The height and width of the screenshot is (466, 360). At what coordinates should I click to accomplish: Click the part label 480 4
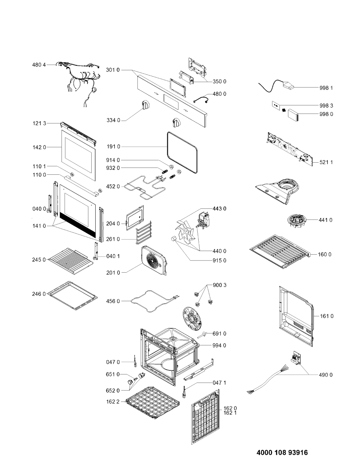pyautogui.click(x=39, y=65)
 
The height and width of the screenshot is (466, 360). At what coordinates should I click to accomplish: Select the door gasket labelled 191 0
pyautogui.click(x=168, y=150)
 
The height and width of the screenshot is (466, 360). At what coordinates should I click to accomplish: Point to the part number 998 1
pyautogui.click(x=326, y=88)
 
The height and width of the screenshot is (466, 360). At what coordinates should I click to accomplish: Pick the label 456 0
pyautogui.click(x=113, y=301)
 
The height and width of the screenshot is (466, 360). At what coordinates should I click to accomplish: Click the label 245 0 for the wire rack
pyautogui.click(x=39, y=260)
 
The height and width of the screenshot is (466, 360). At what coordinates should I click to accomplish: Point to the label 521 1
pyautogui.click(x=326, y=162)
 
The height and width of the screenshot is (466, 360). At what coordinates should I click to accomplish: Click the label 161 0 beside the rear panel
pyautogui.click(x=327, y=316)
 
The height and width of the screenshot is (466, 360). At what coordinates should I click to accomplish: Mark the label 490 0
pyautogui.click(x=326, y=375)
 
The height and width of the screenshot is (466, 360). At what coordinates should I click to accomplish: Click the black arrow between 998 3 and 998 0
pyautogui.click(x=284, y=110)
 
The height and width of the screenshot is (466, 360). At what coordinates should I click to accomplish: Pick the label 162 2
pyautogui.click(x=113, y=402)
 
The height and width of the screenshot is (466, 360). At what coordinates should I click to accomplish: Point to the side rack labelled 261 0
pyautogui.click(x=143, y=232)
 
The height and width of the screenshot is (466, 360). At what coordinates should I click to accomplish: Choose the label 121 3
pyautogui.click(x=39, y=123)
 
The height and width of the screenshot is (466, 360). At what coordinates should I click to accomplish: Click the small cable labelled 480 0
pyautogui.click(x=202, y=99)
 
